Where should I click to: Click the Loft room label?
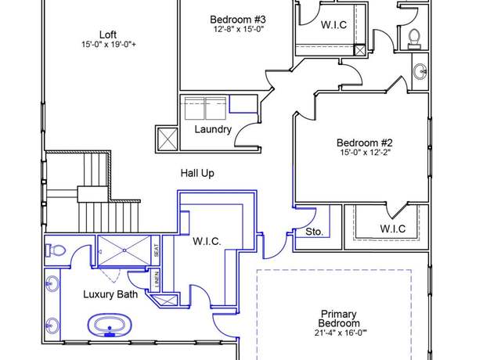click(x=108, y=34)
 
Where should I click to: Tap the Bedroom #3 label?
click(x=238, y=20)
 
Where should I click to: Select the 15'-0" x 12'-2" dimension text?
click(x=366, y=152)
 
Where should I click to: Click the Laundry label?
click(x=213, y=129)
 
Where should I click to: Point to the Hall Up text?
click(x=197, y=174)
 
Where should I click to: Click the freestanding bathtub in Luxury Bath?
click(x=110, y=325)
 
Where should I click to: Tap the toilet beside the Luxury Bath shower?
click(x=56, y=250)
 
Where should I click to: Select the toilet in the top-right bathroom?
click(x=414, y=38)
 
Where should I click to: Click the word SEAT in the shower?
click(x=157, y=250)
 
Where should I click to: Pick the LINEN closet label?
click(x=157, y=279)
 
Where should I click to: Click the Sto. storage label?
click(x=314, y=232)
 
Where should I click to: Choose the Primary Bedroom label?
click(x=339, y=319)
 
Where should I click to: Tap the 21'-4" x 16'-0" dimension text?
click(x=341, y=333)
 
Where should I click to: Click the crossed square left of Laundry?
click(x=168, y=139)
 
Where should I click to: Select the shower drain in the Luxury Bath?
click(x=124, y=250)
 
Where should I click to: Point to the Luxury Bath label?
click(x=110, y=294)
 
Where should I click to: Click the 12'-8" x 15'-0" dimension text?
click(x=238, y=30)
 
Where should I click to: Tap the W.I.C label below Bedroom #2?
click(x=393, y=229)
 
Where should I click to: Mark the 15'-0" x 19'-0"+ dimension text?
click(x=109, y=44)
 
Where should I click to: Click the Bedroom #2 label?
click(x=365, y=142)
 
